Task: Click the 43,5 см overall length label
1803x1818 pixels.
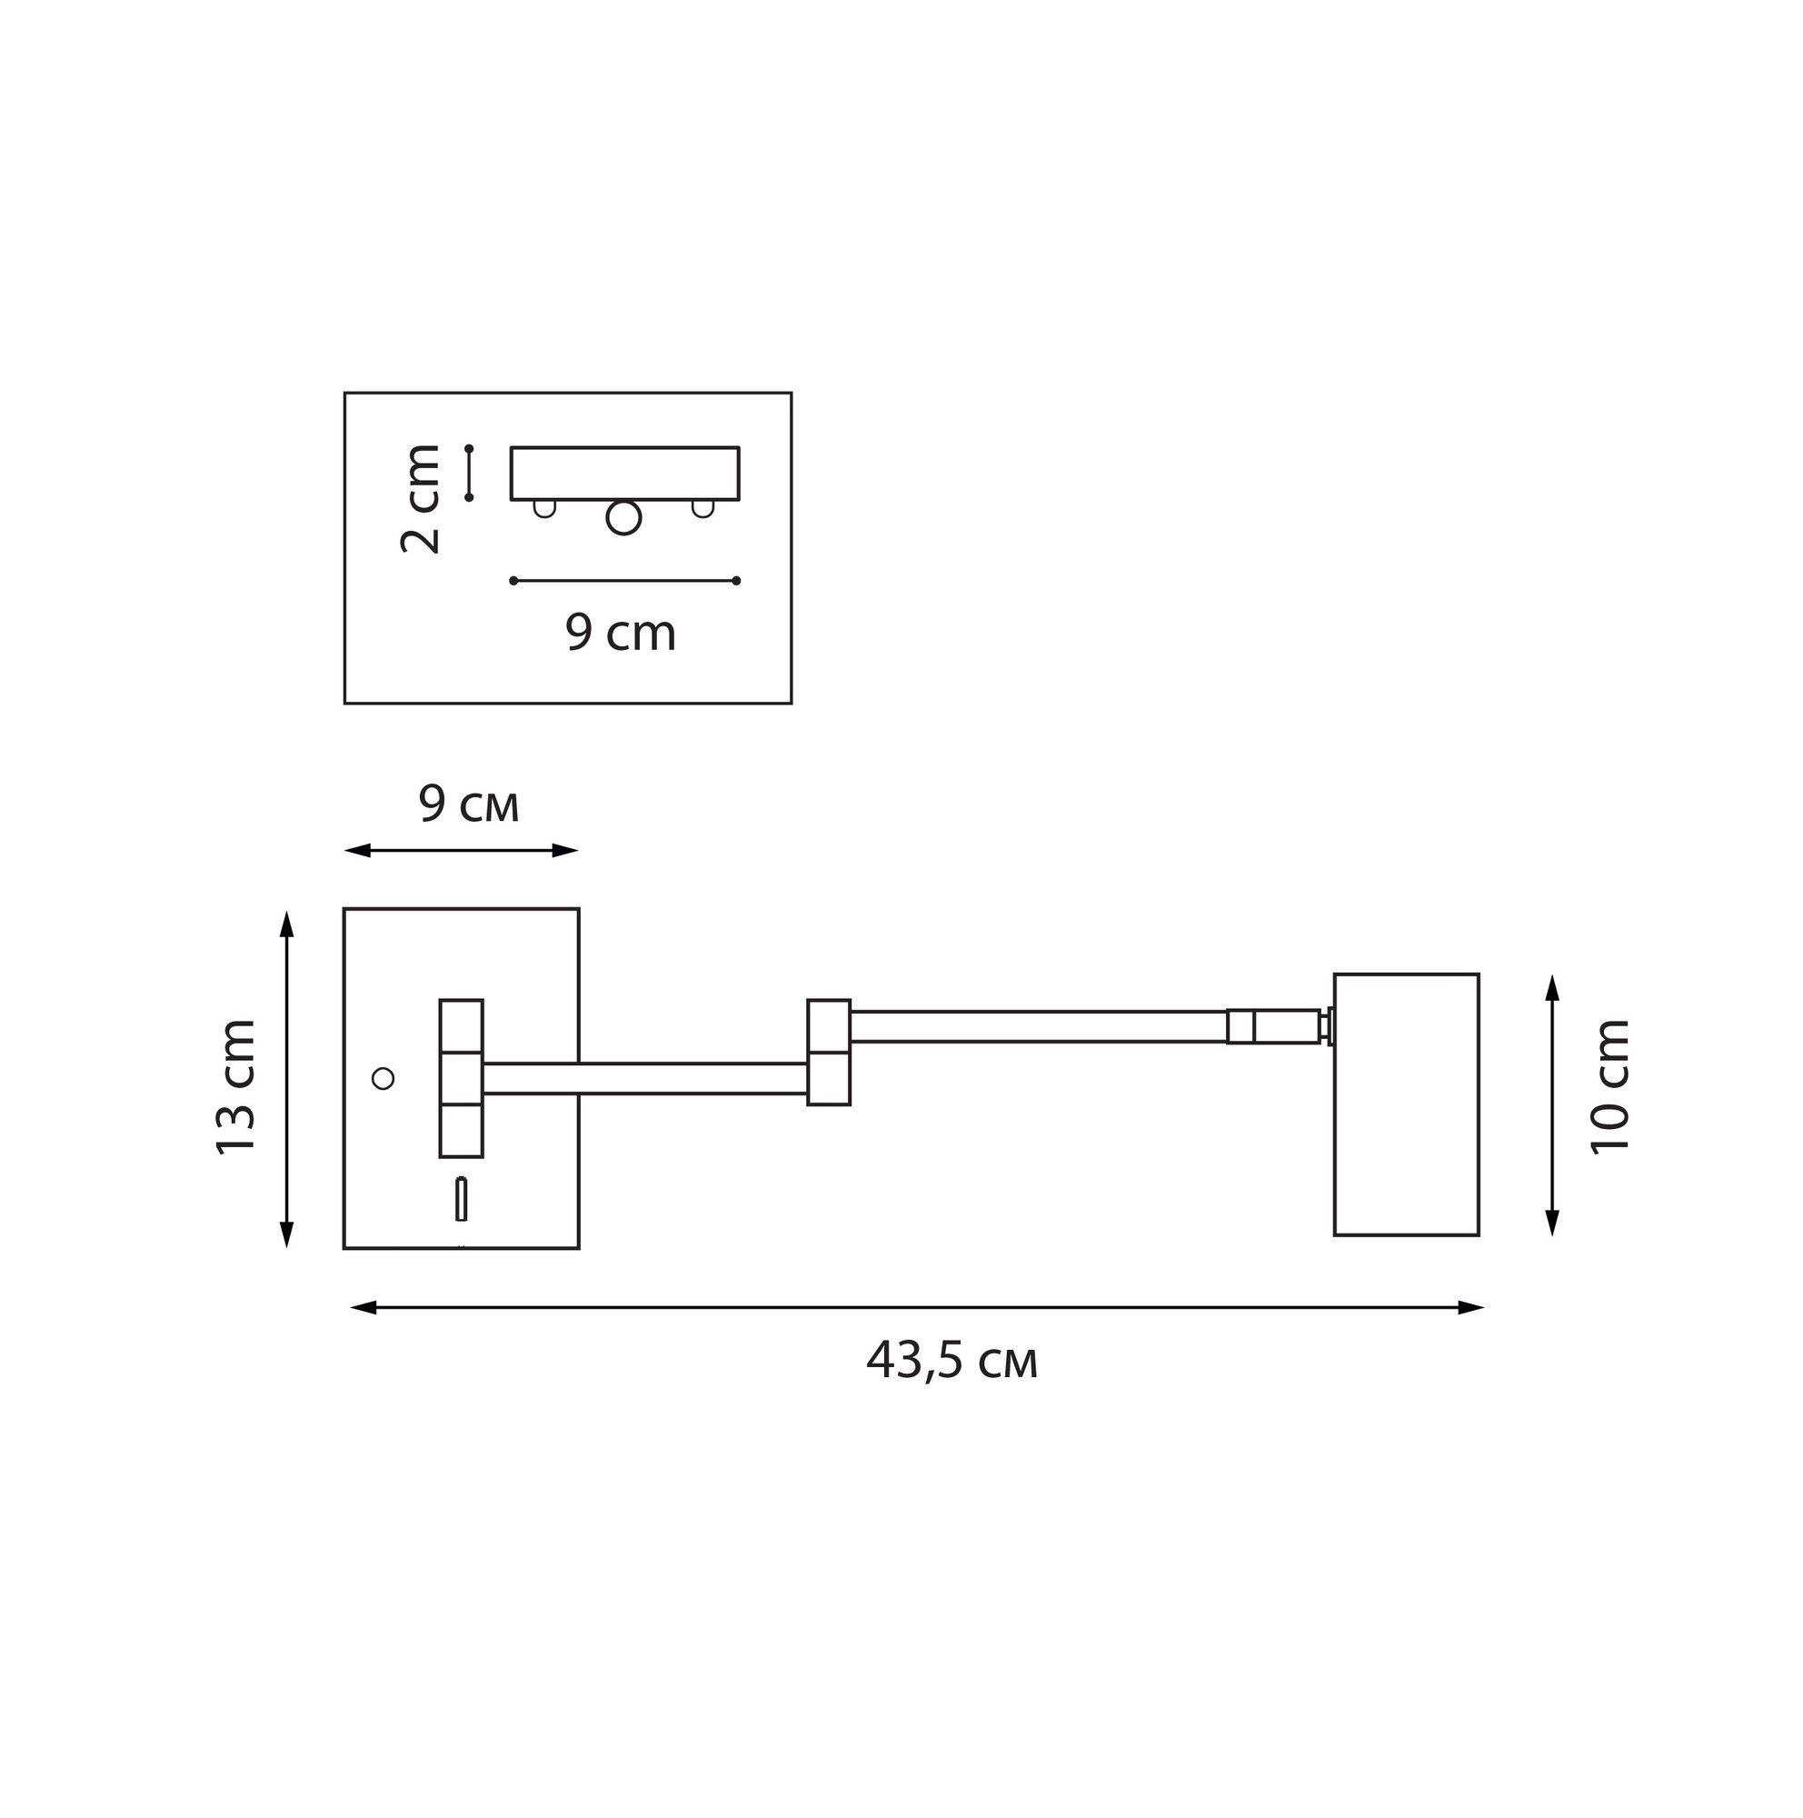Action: coord(951,1361)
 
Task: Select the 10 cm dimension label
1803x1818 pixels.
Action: coord(1609,1086)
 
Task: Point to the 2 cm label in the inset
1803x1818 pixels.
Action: coord(420,499)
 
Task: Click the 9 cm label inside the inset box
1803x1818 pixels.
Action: coord(621,633)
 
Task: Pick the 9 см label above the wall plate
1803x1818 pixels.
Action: coord(468,805)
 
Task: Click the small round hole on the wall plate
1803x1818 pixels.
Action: coord(383,1078)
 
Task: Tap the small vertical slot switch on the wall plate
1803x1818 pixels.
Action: coord(461,1199)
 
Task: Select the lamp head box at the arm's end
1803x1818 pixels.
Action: coord(1406,1104)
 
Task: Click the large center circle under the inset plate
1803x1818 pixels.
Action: coord(623,517)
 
